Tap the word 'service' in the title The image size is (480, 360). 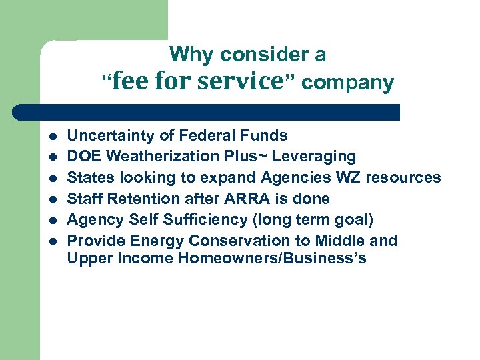(241, 81)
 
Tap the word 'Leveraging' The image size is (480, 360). (317, 157)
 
